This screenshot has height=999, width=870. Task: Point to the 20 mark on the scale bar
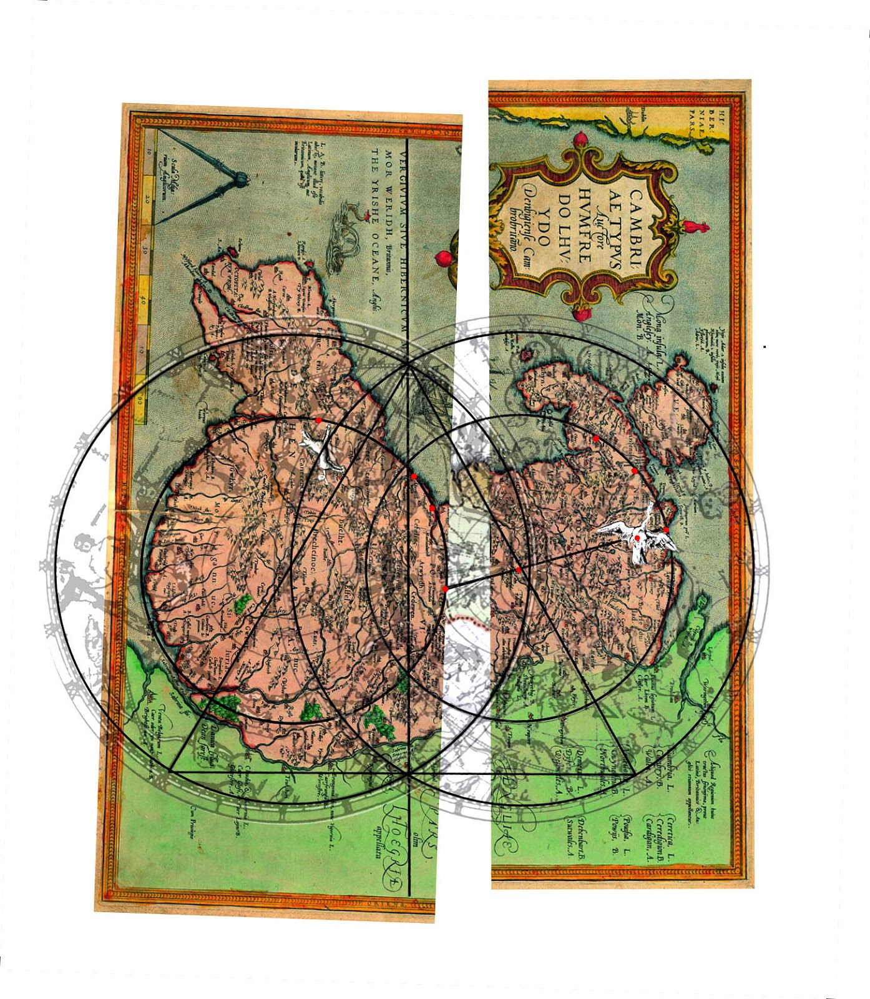pos(147,200)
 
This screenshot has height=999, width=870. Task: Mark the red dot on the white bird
pos(637,538)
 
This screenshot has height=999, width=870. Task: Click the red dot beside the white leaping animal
pos(318,420)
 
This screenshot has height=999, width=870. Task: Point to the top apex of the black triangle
pos(408,365)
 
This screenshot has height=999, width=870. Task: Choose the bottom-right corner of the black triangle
pos(635,774)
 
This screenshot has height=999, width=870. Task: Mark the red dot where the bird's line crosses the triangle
pos(519,569)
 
